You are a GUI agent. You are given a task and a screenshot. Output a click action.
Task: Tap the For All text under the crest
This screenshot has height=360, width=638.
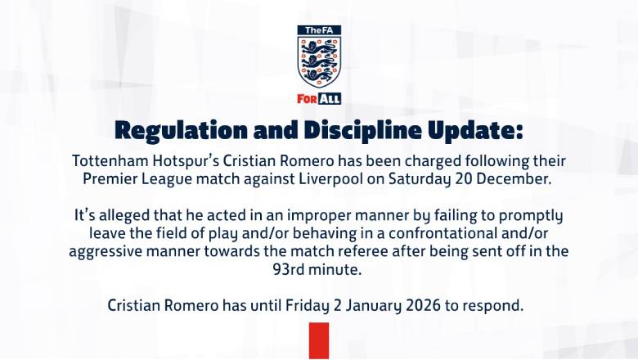(319, 99)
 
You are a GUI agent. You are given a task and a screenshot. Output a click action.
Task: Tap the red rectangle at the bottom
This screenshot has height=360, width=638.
(318, 341)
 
